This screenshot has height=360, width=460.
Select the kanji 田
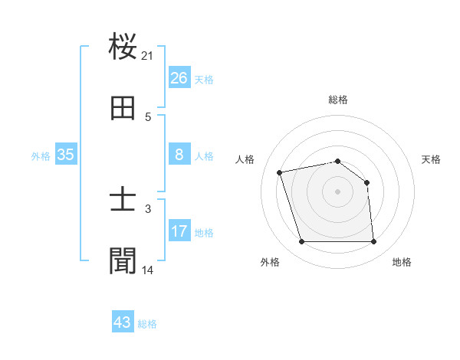[x=123, y=110]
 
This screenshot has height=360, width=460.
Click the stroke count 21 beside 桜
[x=148, y=56]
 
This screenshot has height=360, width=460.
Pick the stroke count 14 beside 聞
[x=148, y=270]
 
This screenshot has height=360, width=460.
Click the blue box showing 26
[x=179, y=78]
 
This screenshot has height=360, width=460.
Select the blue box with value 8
[x=179, y=155]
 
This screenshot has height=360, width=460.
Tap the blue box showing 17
[x=179, y=231]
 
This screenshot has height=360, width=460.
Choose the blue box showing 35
[x=66, y=155]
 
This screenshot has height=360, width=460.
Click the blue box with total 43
[x=123, y=322]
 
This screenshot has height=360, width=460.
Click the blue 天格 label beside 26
[x=204, y=79]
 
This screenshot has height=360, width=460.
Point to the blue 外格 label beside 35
[x=41, y=155]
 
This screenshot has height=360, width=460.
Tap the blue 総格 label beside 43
[x=147, y=323]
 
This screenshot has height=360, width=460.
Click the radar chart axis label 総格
[x=338, y=100]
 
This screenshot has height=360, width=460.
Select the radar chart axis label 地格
[x=402, y=262]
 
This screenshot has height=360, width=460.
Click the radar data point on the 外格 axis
[x=302, y=242]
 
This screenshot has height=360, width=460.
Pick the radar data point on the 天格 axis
[x=366, y=182]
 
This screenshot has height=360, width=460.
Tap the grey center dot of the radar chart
[x=338, y=191]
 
